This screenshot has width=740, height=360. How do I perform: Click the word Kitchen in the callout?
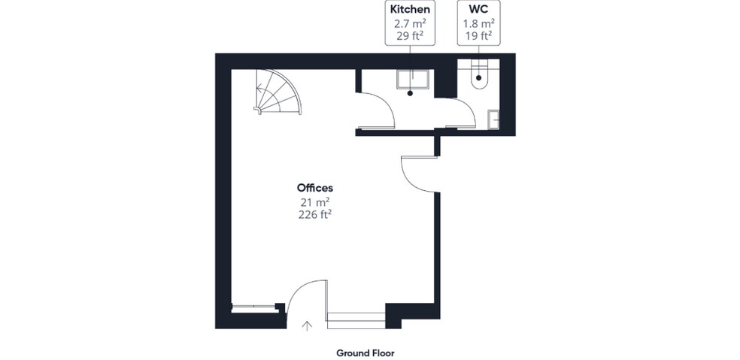coord(409,10)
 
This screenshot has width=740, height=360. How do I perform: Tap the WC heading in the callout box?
coord(478,10)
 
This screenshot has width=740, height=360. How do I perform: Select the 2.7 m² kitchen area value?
coord(409,23)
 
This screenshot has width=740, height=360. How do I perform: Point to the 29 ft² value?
coord(409,35)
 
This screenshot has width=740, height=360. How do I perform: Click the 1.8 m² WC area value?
coord(478,23)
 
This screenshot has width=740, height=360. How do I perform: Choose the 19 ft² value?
coord(478,35)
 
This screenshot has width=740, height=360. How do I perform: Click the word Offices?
coord(315,188)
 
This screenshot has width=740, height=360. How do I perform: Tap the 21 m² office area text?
coord(315,201)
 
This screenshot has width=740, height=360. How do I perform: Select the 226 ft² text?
coord(315,214)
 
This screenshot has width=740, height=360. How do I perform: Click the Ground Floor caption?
coord(365,352)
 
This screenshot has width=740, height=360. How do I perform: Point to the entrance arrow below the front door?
coord(307,325)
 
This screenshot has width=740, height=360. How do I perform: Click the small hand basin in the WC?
coord(493,119)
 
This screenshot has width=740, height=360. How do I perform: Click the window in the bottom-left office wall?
coord(253,307)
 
